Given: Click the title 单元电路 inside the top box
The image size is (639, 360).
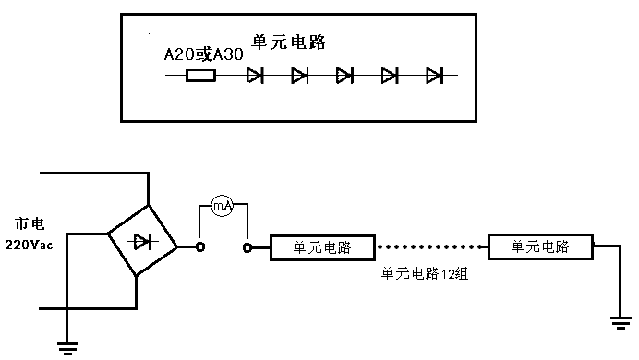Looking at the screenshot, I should tap(289, 42).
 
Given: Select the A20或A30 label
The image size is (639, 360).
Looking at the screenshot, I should tap(203, 55).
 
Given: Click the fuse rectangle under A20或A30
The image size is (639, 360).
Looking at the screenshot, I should tap(200, 76).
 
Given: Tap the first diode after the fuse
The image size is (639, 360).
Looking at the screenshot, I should tap(256, 76).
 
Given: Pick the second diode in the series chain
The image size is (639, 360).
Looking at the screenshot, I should tap(300, 76).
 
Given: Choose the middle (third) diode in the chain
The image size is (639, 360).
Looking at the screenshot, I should tap(345, 76).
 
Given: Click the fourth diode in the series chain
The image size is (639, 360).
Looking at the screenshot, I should tap(390, 76).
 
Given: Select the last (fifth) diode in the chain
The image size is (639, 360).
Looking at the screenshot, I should tap(435, 76).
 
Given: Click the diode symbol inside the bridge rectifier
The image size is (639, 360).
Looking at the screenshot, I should tap(141, 242).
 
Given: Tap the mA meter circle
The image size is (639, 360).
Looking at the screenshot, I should tap(223, 207).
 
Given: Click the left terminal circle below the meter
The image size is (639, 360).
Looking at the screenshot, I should tap(199, 247).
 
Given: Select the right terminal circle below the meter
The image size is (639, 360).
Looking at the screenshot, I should tap(247, 247).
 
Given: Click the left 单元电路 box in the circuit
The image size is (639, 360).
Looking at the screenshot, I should tap(322, 247).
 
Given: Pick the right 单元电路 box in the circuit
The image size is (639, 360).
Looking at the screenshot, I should tap(540, 247).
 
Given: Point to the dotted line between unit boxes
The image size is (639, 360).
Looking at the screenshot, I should tap(431, 247).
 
